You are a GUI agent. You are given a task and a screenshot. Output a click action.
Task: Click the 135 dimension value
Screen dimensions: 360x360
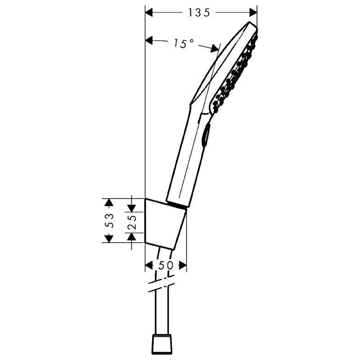click(199, 13)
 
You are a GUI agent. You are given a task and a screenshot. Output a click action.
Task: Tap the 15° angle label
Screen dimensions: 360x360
click(184, 43)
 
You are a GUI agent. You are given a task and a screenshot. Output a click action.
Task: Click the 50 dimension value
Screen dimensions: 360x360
click(166, 265)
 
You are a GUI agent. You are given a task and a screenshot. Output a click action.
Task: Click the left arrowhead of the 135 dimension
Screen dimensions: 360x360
click(149, 13)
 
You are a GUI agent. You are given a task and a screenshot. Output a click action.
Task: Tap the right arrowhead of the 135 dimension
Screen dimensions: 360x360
click(253, 13)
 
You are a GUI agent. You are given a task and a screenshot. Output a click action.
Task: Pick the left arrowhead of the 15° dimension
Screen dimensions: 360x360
click(149, 40)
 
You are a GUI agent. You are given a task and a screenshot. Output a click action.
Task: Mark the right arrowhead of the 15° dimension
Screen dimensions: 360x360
click(215, 49)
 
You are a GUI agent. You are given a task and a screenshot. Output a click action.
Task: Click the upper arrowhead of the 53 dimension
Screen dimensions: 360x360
click(109, 202)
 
